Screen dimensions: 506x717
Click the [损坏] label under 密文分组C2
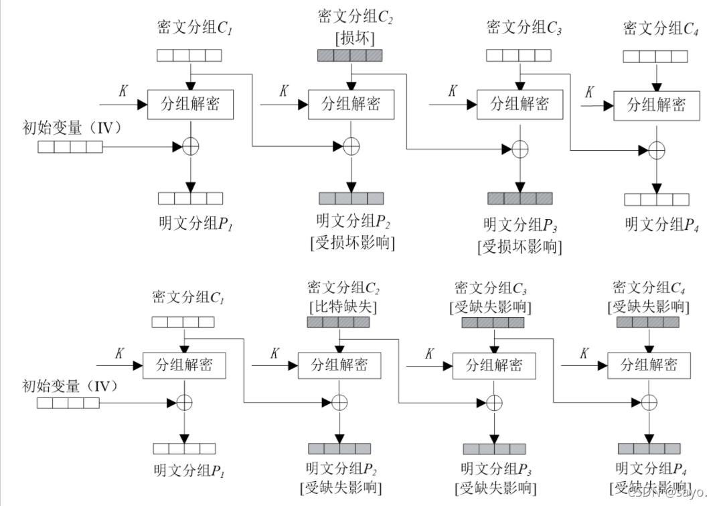[351, 38]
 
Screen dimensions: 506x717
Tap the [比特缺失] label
[343, 307]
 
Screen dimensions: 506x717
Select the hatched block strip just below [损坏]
[350, 56]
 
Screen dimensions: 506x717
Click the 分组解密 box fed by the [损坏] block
[351, 104]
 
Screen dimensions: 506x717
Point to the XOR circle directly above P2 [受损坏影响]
[351, 146]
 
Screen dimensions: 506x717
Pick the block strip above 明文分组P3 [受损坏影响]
[520, 198]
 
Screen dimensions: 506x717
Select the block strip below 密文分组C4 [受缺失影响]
[648, 323]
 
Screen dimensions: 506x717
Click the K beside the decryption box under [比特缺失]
[274, 355]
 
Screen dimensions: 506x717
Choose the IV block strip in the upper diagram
[70, 146]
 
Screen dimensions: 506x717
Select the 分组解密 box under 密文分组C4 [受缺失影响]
[648, 365]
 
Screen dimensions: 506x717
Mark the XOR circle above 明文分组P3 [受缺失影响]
[493, 403]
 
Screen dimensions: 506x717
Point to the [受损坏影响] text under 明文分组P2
[352, 243]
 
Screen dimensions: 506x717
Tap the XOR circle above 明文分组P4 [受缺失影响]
[649, 403]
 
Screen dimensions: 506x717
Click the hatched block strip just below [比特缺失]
[339, 323]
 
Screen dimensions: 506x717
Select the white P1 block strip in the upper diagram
[190, 198]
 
